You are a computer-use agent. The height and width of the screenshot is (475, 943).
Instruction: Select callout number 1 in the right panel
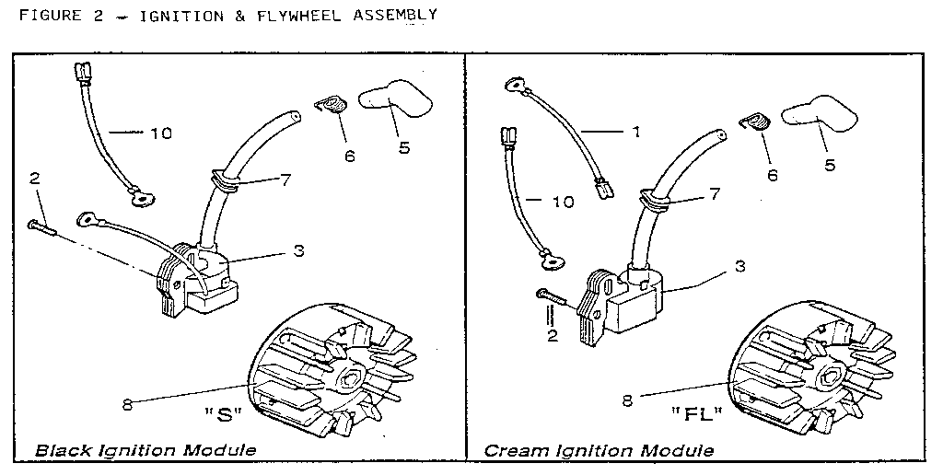635,132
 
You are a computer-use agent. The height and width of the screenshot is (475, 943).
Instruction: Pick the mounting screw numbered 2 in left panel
42,227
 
